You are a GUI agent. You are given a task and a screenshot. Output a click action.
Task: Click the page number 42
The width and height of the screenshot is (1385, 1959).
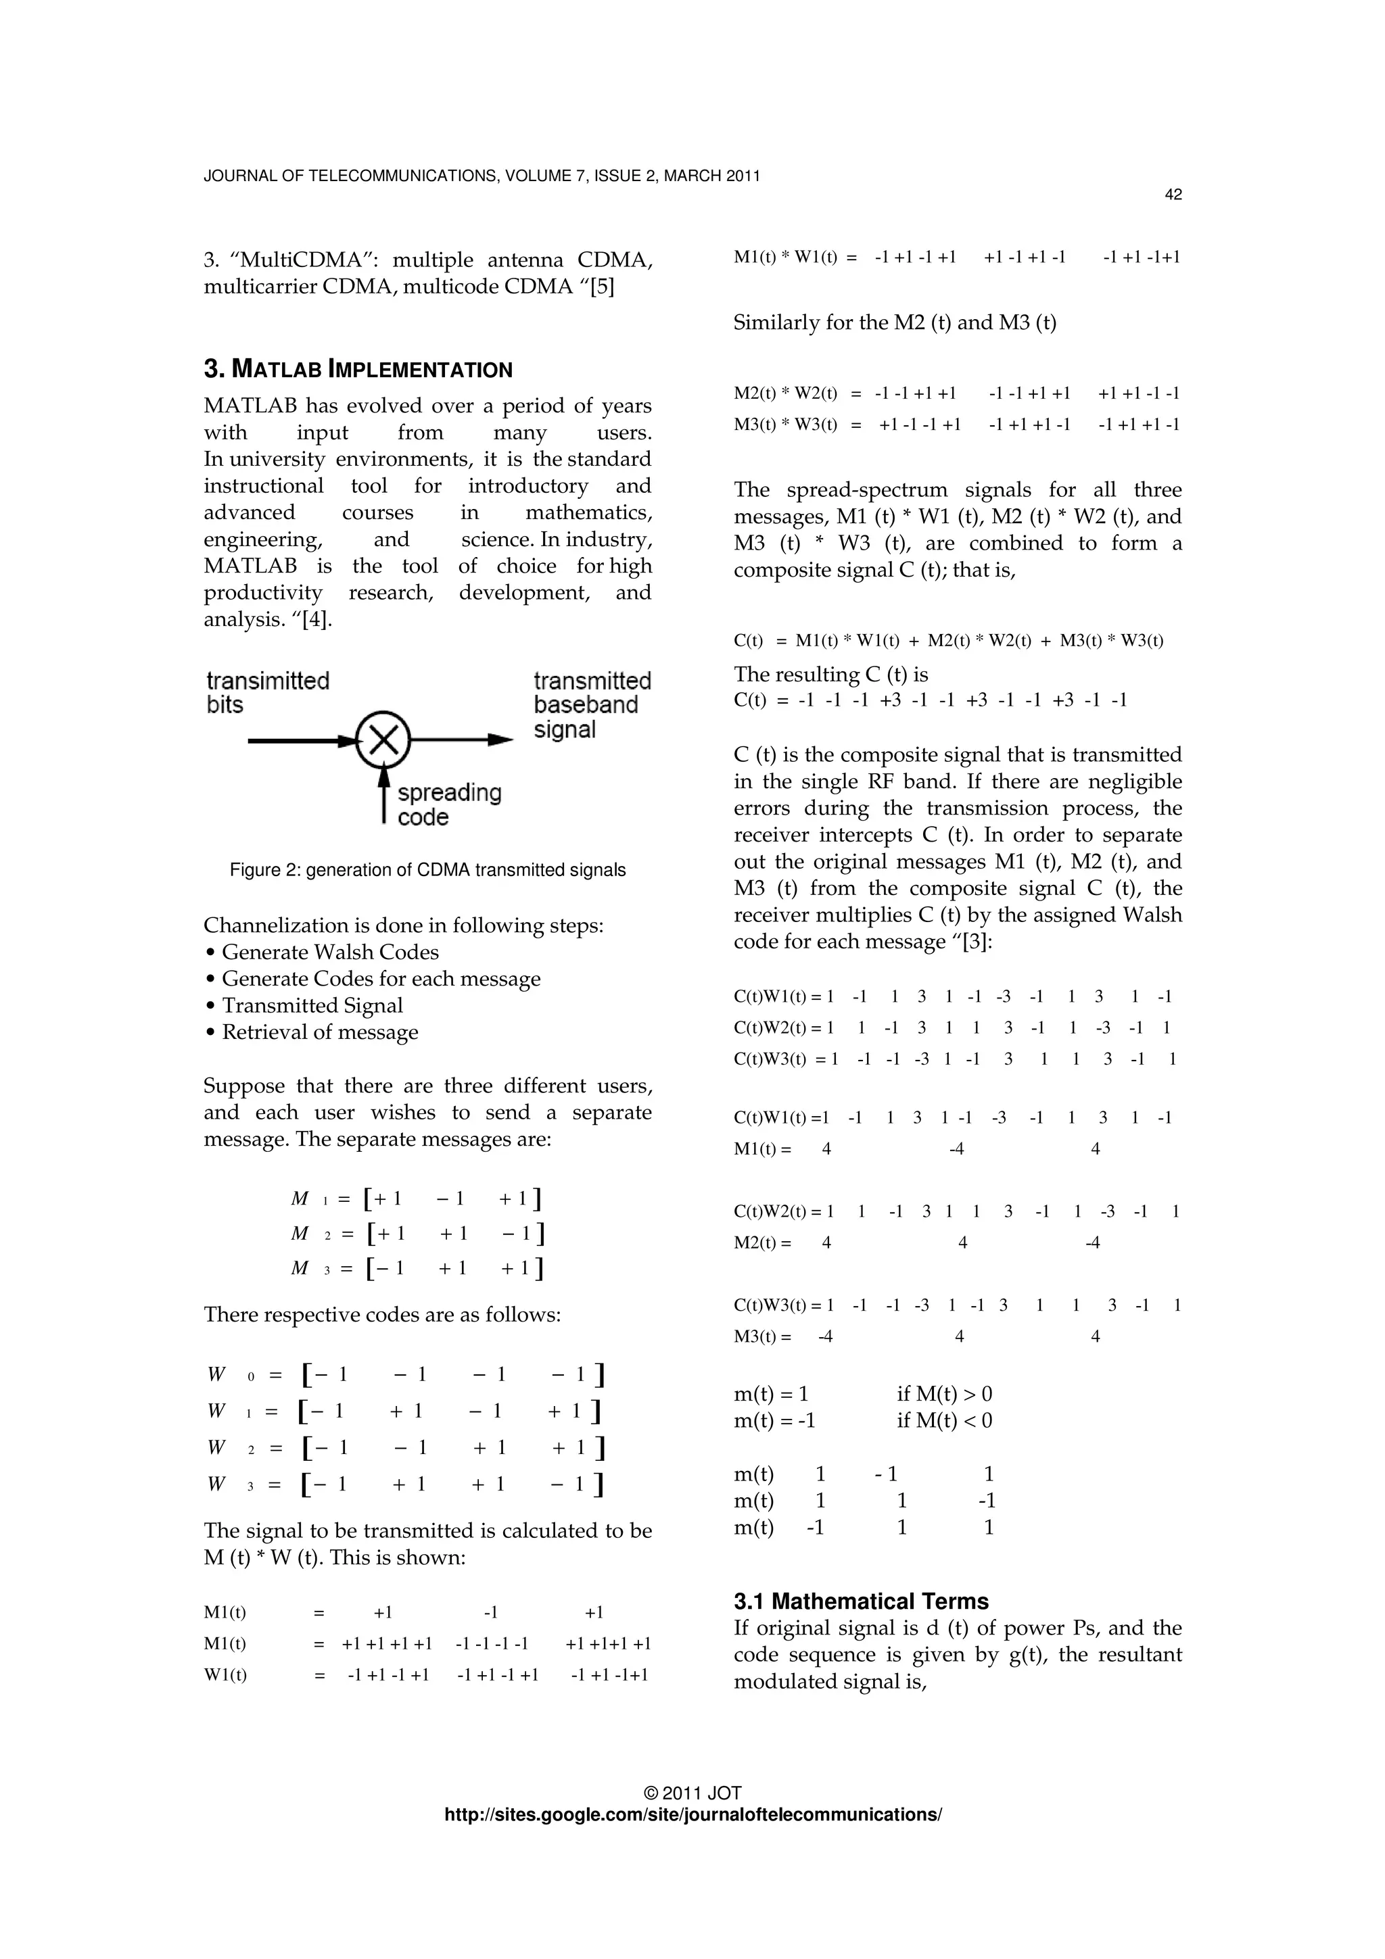(1173, 195)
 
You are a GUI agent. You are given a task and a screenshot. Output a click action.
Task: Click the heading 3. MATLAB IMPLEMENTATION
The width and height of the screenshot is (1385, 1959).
(358, 370)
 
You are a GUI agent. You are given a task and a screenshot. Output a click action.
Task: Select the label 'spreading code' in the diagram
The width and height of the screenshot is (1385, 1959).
(449, 804)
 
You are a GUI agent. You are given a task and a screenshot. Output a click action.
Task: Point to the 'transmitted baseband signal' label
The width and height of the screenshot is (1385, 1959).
(591, 705)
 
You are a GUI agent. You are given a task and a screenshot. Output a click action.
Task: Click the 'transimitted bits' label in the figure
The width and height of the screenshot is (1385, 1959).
(267, 692)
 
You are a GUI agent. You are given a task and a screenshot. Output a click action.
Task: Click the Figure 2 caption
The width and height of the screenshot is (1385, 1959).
(427, 870)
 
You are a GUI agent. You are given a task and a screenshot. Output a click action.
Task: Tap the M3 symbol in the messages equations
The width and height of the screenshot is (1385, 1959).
(300, 1268)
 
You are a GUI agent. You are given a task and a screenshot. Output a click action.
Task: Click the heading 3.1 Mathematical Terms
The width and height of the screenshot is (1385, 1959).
(861, 1601)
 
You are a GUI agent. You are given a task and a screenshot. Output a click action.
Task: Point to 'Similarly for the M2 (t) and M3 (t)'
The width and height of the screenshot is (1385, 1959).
(894, 322)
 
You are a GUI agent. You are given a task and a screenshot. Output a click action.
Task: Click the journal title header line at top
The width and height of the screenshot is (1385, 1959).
(482, 176)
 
